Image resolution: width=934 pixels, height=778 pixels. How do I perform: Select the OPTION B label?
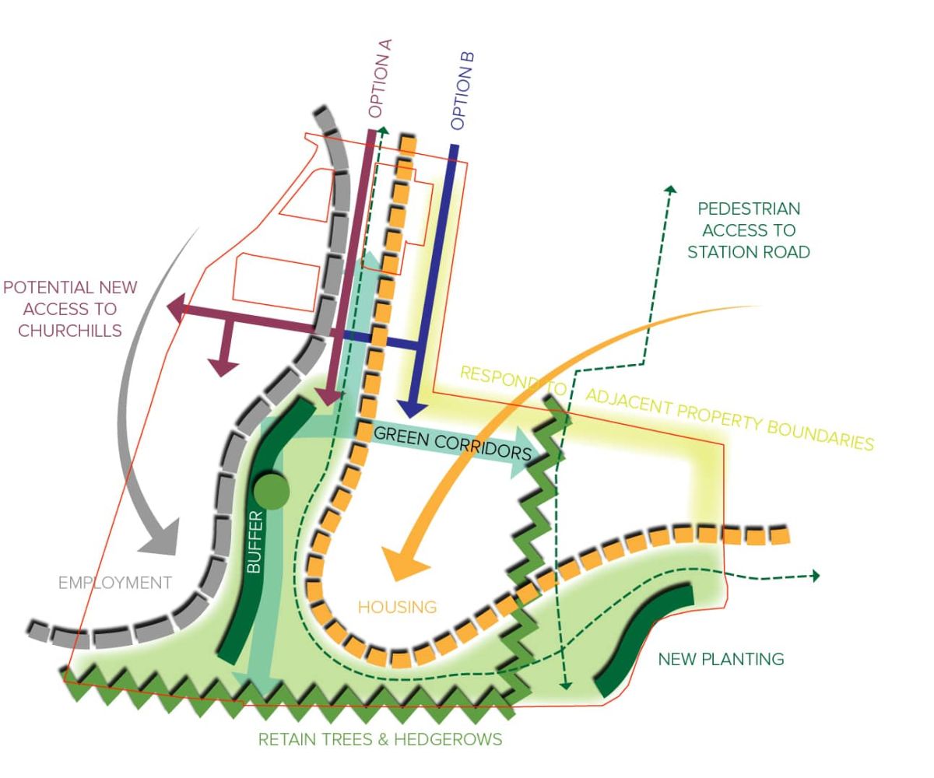click(x=462, y=90)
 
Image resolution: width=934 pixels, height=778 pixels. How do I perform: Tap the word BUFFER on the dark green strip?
click(x=256, y=542)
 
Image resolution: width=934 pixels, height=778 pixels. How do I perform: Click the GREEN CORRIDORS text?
click(x=452, y=443)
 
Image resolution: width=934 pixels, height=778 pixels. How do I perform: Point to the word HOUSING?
click(x=397, y=607)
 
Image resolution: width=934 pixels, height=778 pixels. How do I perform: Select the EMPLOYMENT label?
click(x=114, y=583)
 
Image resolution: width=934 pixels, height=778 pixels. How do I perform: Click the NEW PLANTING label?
click(x=721, y=660)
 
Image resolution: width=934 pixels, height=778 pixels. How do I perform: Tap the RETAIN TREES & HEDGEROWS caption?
click(x=380, y=739)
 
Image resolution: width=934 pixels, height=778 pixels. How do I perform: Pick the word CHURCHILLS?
click(x=70, y=330)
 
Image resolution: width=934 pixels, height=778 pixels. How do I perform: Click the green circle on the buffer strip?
click(x=272, y=491)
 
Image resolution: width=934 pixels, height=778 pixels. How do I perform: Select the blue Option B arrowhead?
click(x=410, y=409)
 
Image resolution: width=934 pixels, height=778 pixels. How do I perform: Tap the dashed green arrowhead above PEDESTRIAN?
click(x=670, y=189)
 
